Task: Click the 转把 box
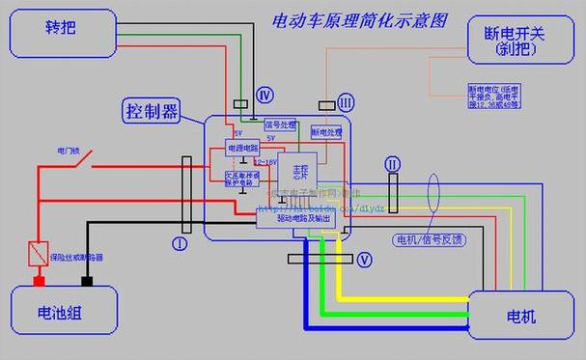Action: pos(59,33)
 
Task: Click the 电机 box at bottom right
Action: pos(520,317)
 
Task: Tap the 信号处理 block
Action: pos(280,125)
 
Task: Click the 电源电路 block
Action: pos(241,148)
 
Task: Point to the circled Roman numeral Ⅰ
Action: pos(179,243)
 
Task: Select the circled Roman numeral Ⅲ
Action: pos(346,102)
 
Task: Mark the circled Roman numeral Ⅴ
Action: pos(364,259)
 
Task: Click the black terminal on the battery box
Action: pos(86,283)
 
